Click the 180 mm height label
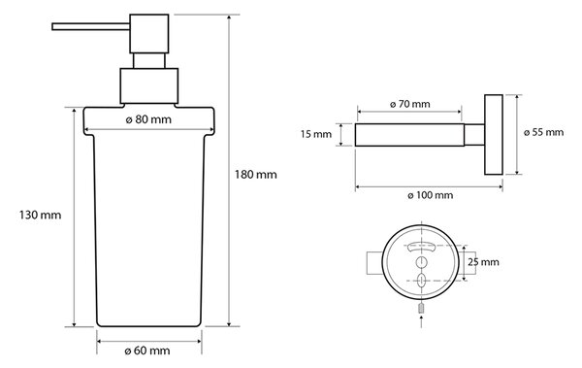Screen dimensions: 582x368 [255, 175]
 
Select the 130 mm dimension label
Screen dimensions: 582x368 [40, 215]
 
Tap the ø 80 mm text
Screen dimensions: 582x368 [148, 119]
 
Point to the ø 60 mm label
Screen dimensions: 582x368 [147, 351]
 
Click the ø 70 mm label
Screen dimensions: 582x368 [409, 104]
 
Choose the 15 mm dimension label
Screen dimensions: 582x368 [316, 134]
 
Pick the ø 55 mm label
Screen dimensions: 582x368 [544, 132]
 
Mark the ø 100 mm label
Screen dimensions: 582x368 [430, 195]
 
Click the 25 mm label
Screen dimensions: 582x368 [483, 262]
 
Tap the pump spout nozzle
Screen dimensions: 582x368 [90, 27]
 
